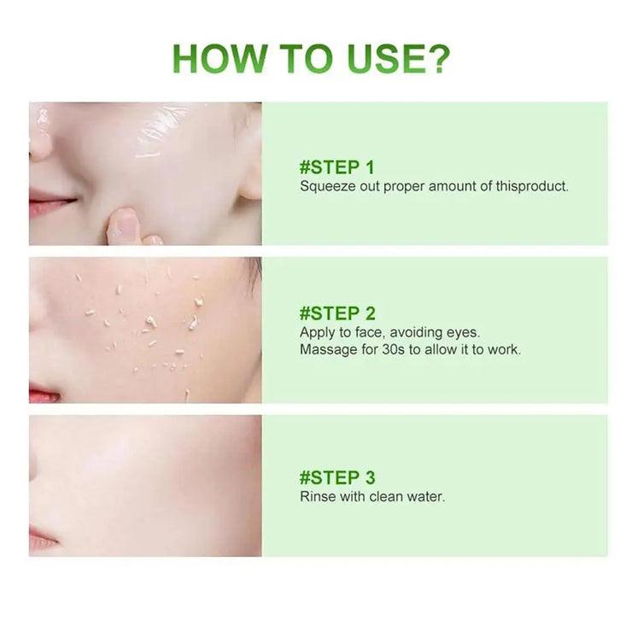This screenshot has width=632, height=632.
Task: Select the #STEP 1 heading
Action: pyautogui.click(x=336, y=167)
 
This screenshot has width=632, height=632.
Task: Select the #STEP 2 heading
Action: pyautogui.click(x=337, y=313)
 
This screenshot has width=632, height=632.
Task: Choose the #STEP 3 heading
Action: pyautogui.click(x=337, y=477)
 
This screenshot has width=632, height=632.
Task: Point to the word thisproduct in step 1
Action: pyautogui.click(x=531, y=186)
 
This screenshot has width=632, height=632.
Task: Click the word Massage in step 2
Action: pyautogui.click(x=326, y=349)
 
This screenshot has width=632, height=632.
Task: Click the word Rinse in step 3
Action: pyautogui.click(x=317, y=496)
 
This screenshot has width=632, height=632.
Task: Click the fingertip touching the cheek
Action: pyautogui.click(x=126, y=224)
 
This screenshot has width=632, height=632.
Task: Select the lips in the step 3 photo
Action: pyautogui.click(x=43, y=540)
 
